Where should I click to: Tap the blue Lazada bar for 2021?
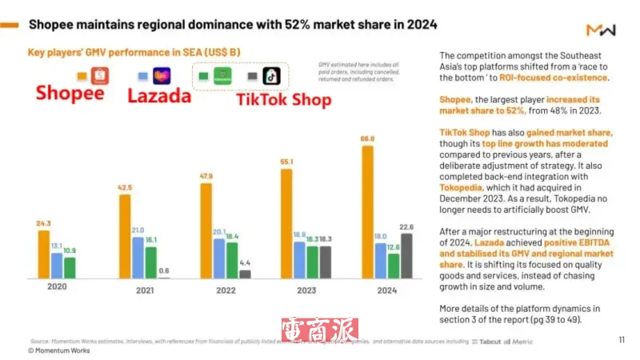[x=138, y=257]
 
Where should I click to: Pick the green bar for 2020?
[x=70, y=268]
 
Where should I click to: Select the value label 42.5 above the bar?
[x=124, y=187]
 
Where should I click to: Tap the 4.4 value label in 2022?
[x=245, y=262]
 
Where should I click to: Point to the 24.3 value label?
[x=43, y=223]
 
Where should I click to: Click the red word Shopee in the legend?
[x=70, y=94]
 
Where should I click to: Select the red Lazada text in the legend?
[x=159, y=95]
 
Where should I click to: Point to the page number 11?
[x=622, y=338]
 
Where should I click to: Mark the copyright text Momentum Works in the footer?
[x=60, y=350]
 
